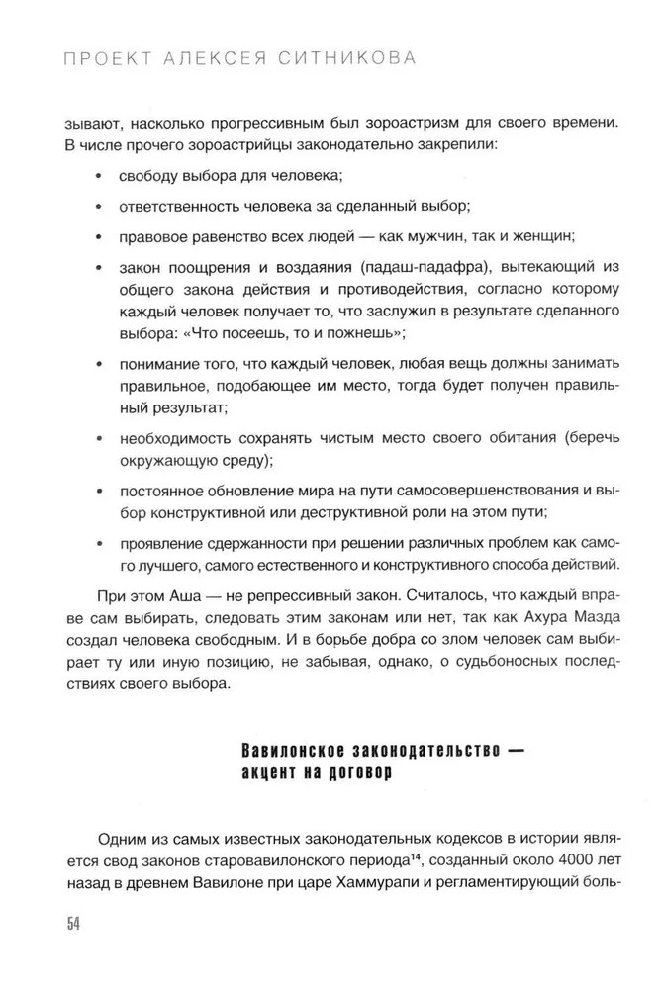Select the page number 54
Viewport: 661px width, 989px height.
[x=73, y=924]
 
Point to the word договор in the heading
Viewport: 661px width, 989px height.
[x=355, y=773]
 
